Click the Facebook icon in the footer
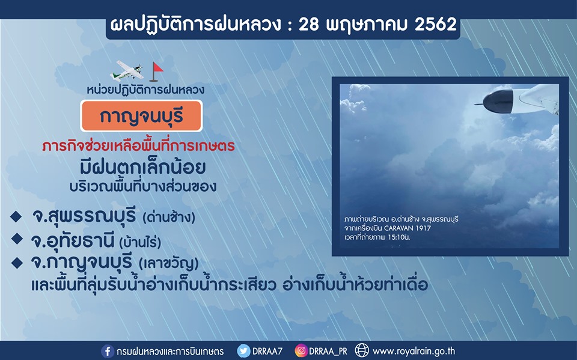(108, 351)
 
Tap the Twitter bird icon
(243, 351)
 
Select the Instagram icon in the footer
(301, 351)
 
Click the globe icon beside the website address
(362, 351)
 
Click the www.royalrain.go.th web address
(414, 351)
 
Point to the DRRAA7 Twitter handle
(267, 351)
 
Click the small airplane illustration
(127, 70)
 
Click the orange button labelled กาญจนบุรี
(142, 115)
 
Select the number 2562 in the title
(436, 24)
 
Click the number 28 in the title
(309, 25)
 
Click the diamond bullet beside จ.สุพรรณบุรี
(16, 216)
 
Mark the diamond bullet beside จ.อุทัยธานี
(17, 239)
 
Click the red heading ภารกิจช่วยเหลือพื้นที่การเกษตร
(138, 146)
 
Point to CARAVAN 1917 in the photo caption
(408, 228)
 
